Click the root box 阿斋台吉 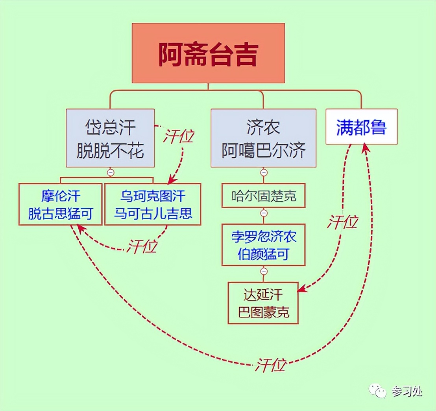point(208,53)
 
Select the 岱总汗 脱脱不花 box point(110,138)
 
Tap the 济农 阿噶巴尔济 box point(263,138)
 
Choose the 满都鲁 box point(361,127)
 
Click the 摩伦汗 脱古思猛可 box point(60,204)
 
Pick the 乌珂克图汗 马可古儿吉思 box point(153,204)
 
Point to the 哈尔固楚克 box point(264,196)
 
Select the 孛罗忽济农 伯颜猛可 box point(264,245)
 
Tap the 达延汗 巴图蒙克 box point(263,303)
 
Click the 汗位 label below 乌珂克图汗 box point(142,246)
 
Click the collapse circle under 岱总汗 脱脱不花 point(111,172)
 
